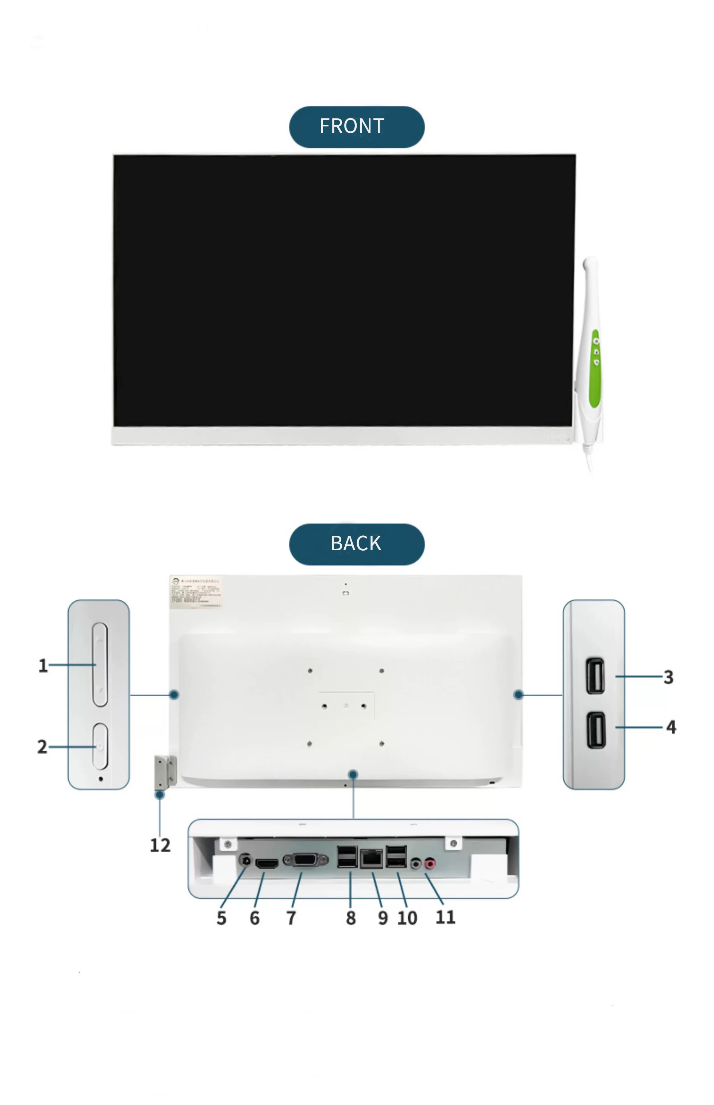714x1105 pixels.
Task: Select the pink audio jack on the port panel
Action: [x=430, y=863]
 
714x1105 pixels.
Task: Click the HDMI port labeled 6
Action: [x=266, y=863]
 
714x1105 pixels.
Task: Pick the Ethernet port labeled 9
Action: [x=371, y=859]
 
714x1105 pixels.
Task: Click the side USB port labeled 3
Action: [x=595, y=676]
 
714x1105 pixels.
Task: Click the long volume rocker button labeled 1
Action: [x=100, y=664]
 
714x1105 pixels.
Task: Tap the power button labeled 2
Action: [x=100, y=746]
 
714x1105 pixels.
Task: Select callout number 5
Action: [x=222, y=918]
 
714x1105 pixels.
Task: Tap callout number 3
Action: [x=668, y=677]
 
